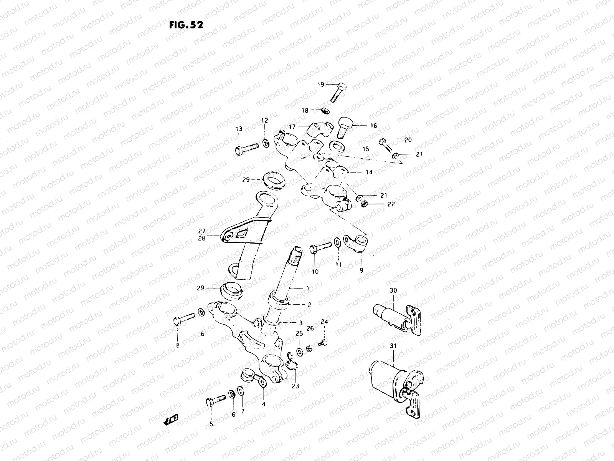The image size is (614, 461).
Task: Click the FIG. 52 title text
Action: [186, 25]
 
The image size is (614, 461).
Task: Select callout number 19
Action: [320, 85]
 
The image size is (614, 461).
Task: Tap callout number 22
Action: [391, 204]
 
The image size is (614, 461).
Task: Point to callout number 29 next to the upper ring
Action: [246, 179]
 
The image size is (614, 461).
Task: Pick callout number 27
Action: [202, 231]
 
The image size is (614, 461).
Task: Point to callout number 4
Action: [263, 404]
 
